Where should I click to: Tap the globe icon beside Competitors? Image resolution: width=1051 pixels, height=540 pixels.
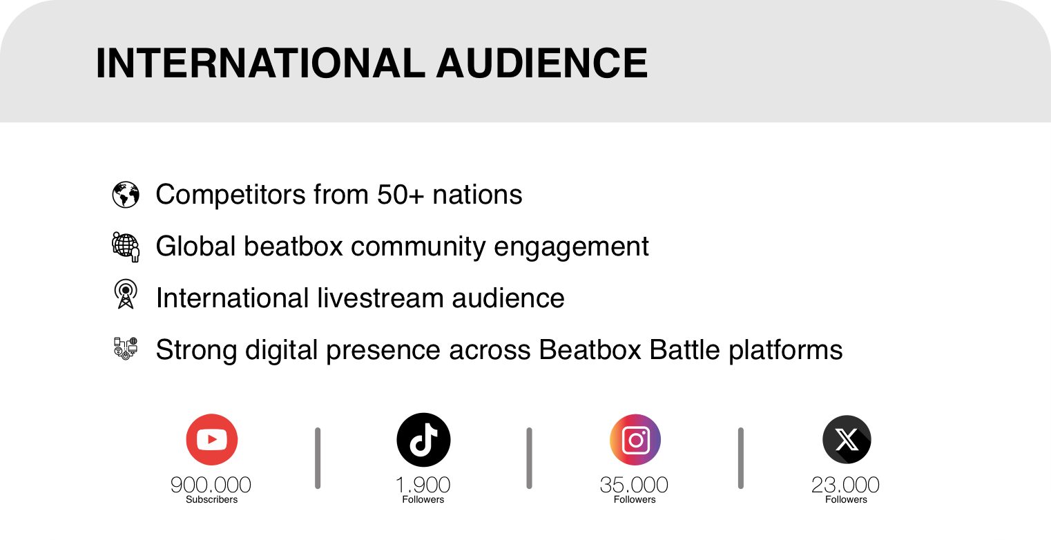[126, 195]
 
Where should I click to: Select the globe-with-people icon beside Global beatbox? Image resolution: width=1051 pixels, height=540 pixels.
[126, 247]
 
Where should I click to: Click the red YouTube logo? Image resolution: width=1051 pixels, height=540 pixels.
[212, 440]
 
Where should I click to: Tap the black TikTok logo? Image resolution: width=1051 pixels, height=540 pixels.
[423, 440]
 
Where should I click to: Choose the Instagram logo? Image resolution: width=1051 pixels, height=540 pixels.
[635, 440]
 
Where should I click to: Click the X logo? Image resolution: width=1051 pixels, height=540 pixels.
[847, 440]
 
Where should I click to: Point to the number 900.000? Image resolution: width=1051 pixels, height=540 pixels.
[211, 485]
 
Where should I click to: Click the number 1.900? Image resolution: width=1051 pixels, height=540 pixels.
[423, 485]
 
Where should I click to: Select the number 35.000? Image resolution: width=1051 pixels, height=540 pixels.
[634, 485]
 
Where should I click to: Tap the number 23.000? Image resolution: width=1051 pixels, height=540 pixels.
[845, 485]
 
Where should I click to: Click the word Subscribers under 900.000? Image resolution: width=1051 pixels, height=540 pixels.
[211, 499]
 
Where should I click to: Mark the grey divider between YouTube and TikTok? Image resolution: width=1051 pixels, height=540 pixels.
[318, 458]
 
